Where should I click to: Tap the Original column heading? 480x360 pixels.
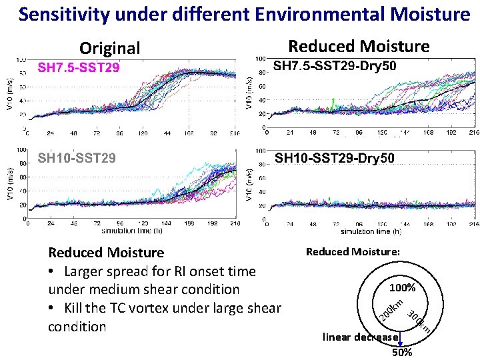tap(110, 48)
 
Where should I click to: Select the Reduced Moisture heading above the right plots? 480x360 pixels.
tap(359, 46)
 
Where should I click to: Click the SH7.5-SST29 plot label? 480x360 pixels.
tap(79, 67)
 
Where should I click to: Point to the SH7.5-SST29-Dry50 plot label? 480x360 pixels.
tap(335, 66)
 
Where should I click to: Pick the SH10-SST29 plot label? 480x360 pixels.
tap(77, 158)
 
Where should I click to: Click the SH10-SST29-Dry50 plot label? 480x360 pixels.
tap(335, 158)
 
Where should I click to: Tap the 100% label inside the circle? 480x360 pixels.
tap(403, 288)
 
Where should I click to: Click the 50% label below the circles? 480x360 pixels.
tap(402, 352)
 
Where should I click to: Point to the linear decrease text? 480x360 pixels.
tap(361, 337)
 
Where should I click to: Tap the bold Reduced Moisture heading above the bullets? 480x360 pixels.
tap(106, 252)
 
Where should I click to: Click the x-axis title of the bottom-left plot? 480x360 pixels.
tap(133, 231)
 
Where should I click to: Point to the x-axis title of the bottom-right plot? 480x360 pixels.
tap(369, 231)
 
